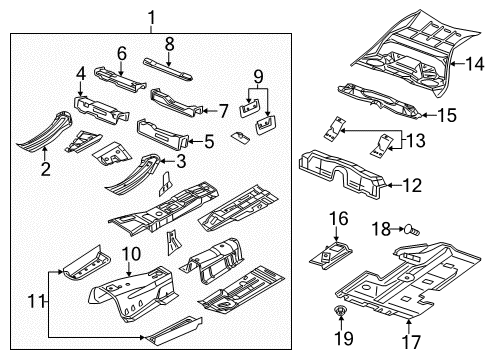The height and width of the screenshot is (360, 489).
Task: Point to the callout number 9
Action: click(x=258, y=76)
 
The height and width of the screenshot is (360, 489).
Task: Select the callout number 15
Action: click(x=447, y=115)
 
